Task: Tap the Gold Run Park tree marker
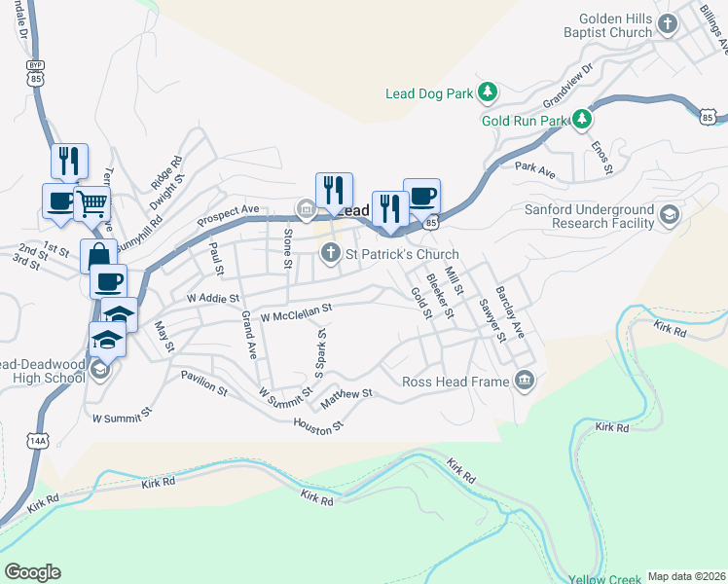581,121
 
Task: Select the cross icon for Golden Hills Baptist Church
668,24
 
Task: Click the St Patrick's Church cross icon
331,254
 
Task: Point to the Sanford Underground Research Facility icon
669,215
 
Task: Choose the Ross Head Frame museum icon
525,381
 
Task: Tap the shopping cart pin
92,204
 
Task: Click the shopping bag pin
98,257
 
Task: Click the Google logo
32,572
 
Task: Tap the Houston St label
319,424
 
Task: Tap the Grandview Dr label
567,87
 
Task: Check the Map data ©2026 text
686,576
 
